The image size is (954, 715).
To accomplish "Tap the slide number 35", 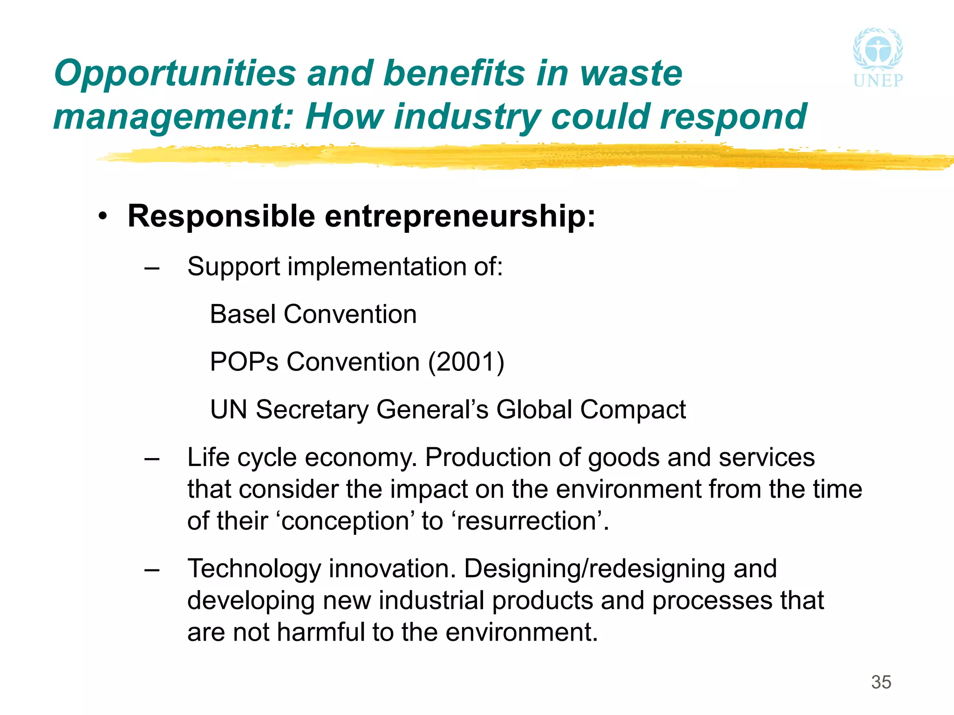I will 881,682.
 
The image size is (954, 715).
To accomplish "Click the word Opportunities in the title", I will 175,74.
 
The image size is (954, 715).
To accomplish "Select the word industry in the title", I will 467,117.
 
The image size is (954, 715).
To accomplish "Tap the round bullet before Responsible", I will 103,216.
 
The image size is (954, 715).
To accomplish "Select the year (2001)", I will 466,362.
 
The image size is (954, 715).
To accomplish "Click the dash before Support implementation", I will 152,268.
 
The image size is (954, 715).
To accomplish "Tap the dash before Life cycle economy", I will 152,459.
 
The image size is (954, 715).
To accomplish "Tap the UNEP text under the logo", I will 878,81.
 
